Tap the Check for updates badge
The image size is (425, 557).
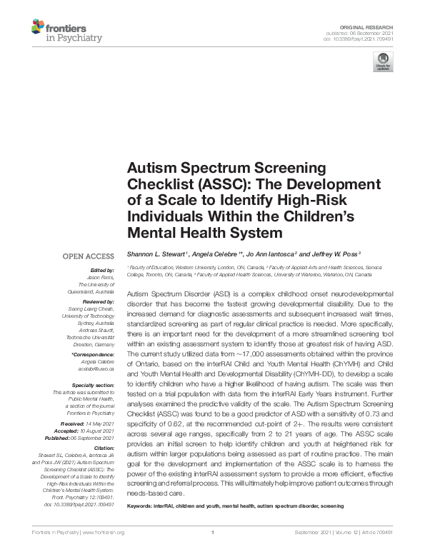(x=384, y=61)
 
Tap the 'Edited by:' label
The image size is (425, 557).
(x=101, y=271)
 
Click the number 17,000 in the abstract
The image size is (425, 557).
(x=244, y=354)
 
